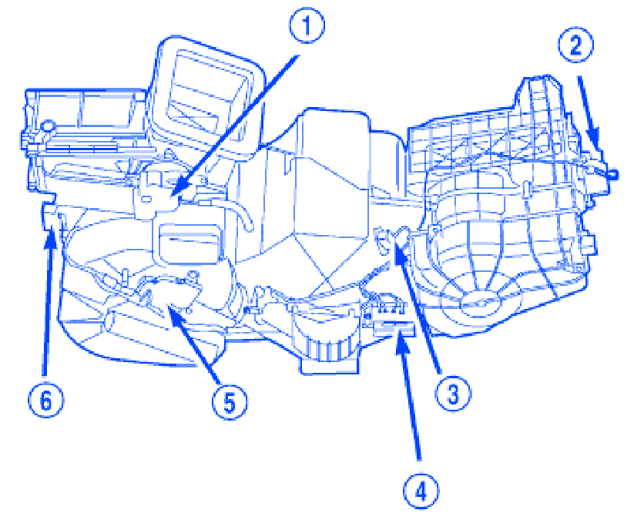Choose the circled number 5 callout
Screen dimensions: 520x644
coord(229,401)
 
